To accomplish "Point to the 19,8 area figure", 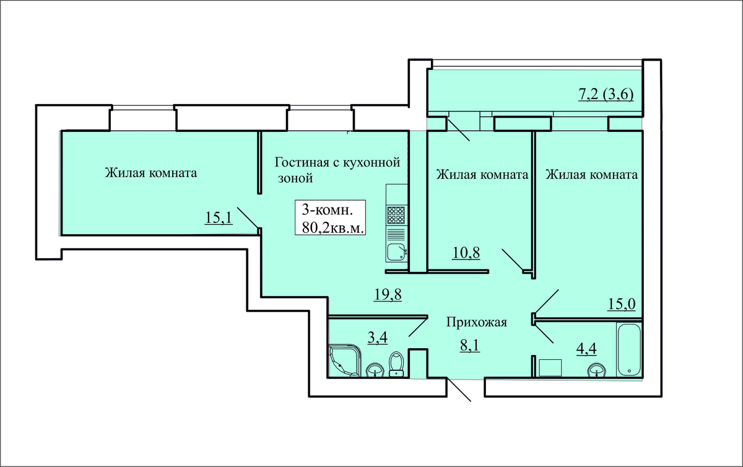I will coord(388,294).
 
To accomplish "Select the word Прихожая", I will coord(477,322).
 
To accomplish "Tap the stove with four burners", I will coord(396,216).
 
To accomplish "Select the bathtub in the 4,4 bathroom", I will coord(630,350).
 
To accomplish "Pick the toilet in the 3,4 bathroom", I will coord(396,364).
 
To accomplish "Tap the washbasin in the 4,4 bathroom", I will coord(596,370).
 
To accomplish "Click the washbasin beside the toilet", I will coord(375,370).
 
